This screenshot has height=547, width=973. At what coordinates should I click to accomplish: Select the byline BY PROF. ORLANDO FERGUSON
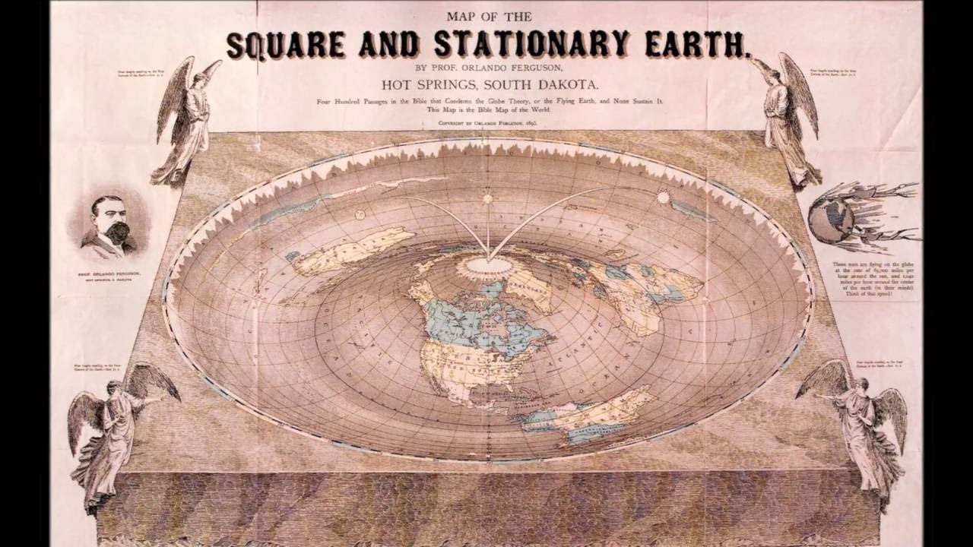click(486, 67)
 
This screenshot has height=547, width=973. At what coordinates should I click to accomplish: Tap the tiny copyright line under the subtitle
click(486, 122)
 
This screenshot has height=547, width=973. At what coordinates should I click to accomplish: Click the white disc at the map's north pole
click(486, 266)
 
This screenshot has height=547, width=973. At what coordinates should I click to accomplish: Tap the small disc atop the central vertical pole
click(486, 199)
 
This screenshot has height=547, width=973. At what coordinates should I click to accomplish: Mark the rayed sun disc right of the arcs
click(662, 198)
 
